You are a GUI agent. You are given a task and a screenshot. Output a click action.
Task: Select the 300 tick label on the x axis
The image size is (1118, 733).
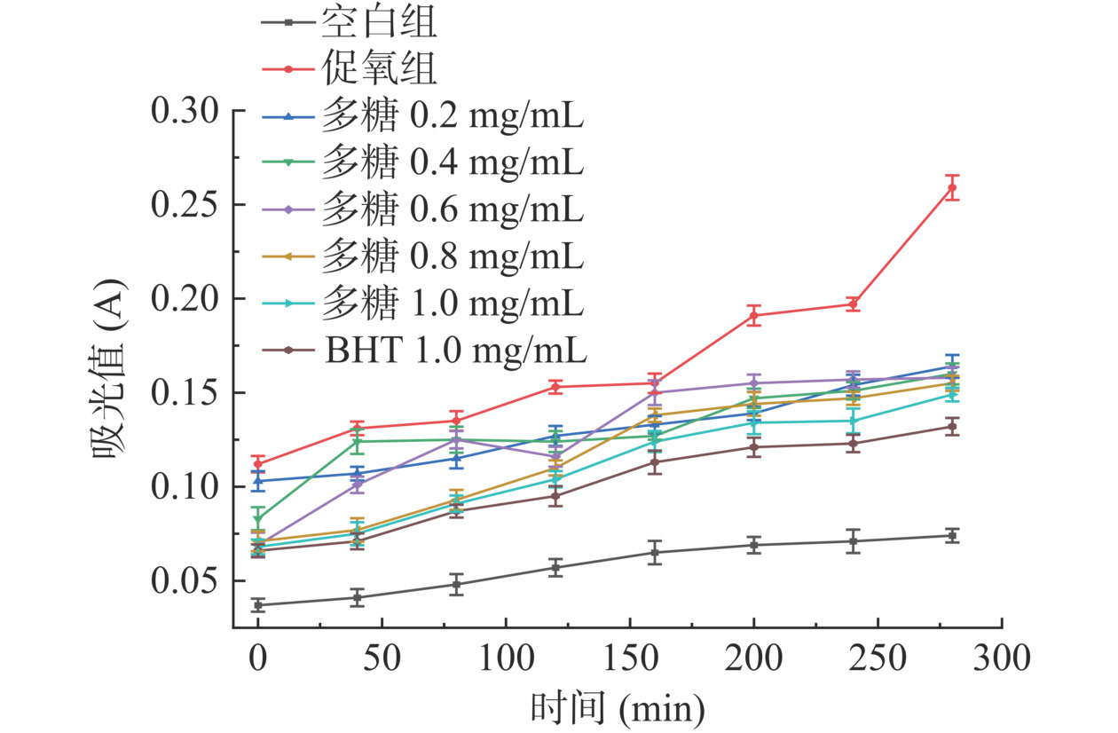click(1002, 659)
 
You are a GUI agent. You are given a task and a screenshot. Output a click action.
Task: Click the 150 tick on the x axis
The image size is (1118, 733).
click(630, 659)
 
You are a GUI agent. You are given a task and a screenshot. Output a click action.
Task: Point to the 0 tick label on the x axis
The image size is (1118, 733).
click(258, 659)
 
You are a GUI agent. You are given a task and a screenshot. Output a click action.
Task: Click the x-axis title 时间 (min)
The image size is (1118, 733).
click(618, 708)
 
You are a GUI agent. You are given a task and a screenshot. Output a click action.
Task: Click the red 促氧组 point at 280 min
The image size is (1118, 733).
click(952, 187)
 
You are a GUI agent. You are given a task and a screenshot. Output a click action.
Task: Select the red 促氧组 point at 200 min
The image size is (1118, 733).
click(754, 315)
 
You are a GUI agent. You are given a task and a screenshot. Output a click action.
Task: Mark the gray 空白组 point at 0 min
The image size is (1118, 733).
click(258, 605)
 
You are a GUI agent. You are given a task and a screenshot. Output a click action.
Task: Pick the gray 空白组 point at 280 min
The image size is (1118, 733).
click(952, 535)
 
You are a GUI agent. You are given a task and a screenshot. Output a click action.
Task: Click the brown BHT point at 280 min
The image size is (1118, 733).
click(952, 427)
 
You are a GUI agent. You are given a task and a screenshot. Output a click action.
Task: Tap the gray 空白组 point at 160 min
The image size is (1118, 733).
click(655, 553)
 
